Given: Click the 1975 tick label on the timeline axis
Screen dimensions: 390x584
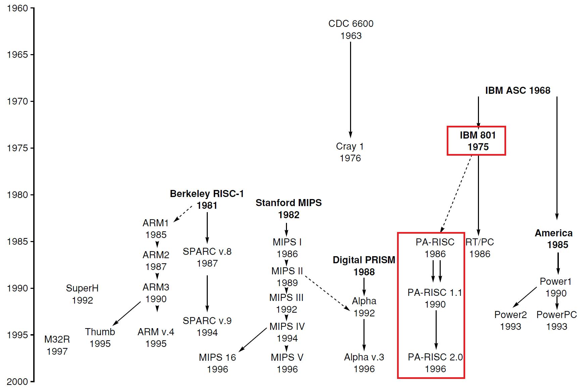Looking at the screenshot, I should pyautogui.click(x=17, y=148).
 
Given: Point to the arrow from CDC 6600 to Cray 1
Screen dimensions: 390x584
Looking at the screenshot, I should pyautogui.click(x=351, y=89).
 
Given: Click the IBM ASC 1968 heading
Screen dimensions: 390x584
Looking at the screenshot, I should pyautogui.click(x=518, y=90).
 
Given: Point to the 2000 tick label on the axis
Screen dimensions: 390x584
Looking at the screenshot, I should pyautogui.click(x=17, y=382).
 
